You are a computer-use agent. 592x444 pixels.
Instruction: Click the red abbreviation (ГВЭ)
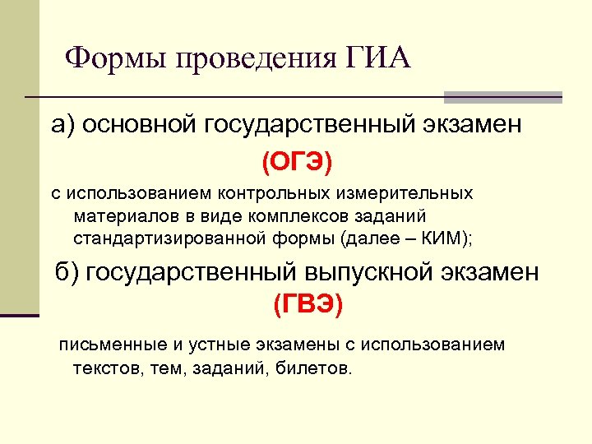tap(308, 305)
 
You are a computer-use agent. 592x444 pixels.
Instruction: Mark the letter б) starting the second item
tap(66, 272)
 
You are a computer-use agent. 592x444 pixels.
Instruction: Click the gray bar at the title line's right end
tap(502, 97)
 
